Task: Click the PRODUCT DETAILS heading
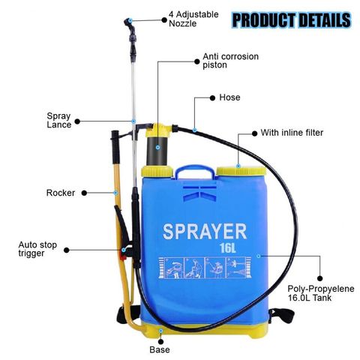(292, 20)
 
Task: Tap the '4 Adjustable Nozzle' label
(193, 19)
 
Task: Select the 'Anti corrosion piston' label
(230, 61)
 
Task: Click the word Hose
(229, 97)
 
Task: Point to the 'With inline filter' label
(292, 133)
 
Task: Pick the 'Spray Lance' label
(59, 120)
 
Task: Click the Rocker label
(61, 193)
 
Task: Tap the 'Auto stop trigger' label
(37, 249)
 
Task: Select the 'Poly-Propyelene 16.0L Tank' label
(321, 293)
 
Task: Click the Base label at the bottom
(160, 349)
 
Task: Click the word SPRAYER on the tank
(205, 232)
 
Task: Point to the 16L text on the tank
(228, 247)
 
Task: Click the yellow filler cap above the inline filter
(241, 171)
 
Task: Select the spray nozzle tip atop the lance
(127, 22)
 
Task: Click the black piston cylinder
(157, 151)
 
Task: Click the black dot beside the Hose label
(212, 97)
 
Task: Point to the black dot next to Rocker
(84, 193)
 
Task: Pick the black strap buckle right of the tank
(282, 316)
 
